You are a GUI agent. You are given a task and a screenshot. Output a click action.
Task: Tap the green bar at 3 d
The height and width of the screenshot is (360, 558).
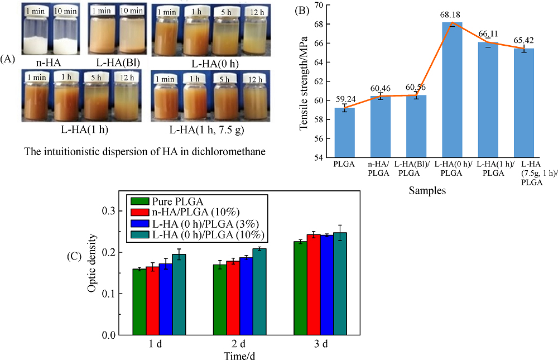coord(300,287)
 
